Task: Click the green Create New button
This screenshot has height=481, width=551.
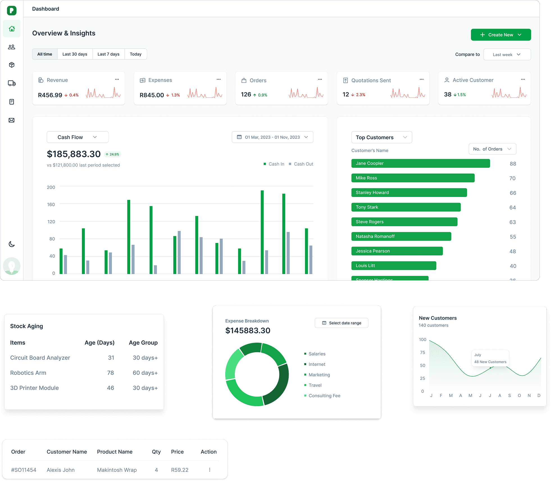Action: [x=500, y=35]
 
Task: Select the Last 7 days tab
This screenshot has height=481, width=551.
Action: [x=108, y=54]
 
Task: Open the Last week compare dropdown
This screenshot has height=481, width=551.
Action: [x=507, y=54]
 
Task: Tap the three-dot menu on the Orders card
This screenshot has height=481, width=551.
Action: [x=320, y=79]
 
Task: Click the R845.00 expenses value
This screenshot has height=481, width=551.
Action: [x=152, y=95]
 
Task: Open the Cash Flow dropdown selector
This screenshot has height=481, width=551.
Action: [x=78, y=137]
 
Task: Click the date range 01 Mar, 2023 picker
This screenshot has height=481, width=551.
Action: [x=272, y=137]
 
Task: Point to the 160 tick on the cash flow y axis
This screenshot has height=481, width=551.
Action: [x=51, y=204]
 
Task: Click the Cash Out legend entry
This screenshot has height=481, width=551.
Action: [x=303, y=164]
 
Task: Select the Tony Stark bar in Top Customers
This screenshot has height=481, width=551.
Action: [x=406, y=207]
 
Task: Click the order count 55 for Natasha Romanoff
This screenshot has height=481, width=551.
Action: [x=513, y=237]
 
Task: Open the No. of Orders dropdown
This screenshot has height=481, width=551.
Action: [x=492, y=149]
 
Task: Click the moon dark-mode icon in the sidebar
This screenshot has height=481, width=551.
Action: [x=12, y=244]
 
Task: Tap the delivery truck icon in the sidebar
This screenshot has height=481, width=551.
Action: [x=12, y=83]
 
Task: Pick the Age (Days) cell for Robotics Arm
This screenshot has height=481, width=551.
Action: [x=110, y=373]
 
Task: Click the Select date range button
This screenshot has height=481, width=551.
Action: [x=341, y=323]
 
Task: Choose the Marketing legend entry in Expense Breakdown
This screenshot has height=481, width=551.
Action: [x=319, y=375]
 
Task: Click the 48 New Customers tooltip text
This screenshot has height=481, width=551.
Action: [x=490, y=362]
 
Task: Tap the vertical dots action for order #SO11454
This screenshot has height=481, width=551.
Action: [x=210, y=470]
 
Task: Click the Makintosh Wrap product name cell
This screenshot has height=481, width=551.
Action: [x=117, y=470]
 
